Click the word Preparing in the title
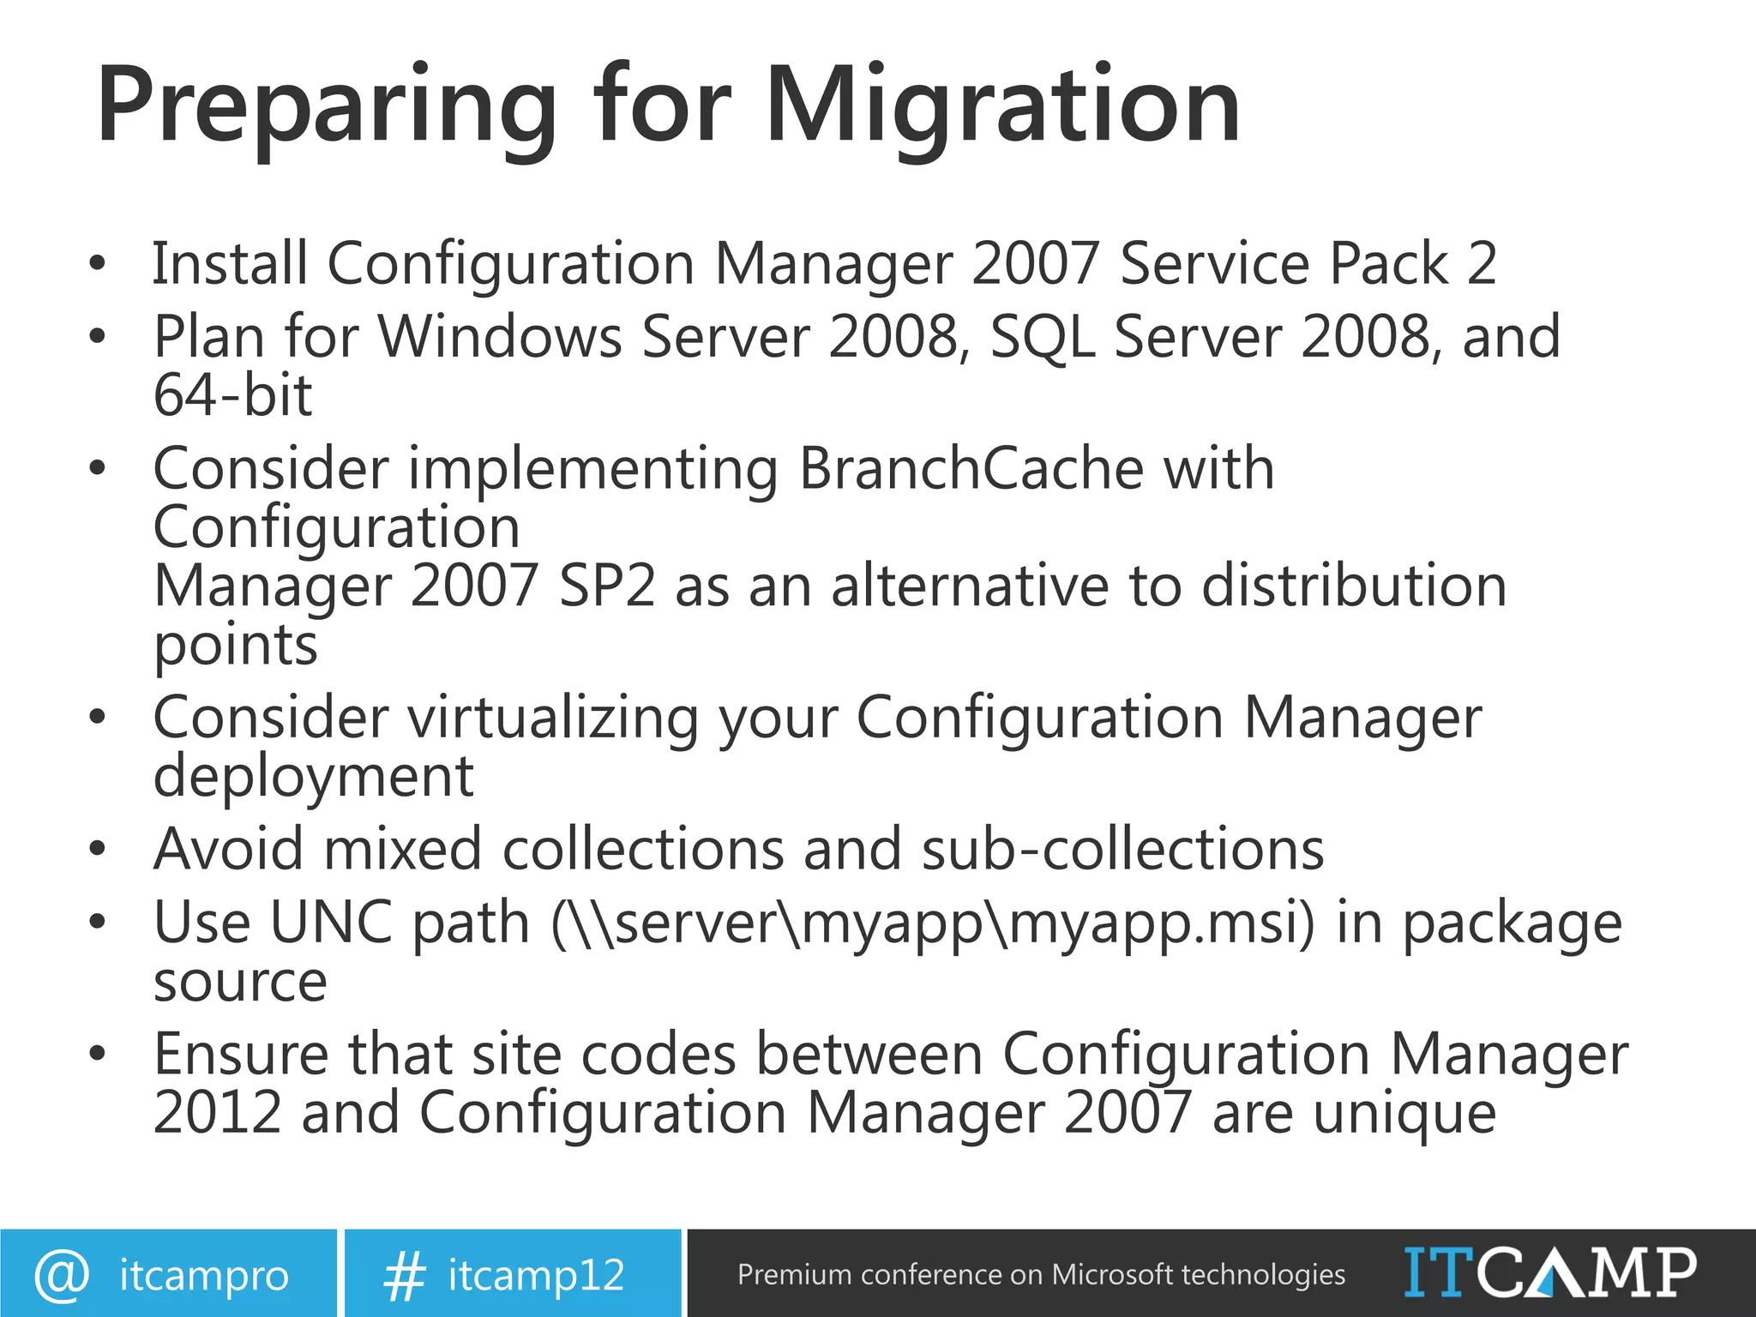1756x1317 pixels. (326, 107)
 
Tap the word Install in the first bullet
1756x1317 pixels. (230, 263)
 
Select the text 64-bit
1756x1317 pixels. (232, 395)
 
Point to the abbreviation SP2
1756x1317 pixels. (606, 586)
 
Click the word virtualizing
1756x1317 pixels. (553, 718)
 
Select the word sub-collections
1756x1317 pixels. (1122, 850)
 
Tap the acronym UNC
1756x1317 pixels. (332, 923)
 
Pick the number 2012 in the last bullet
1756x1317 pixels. (218, 1113)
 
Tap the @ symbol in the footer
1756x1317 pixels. (62, 1275)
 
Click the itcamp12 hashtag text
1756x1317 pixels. (537, 1275)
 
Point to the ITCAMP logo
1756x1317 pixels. (1549, 1273)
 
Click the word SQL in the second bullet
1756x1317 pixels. (1042, 337)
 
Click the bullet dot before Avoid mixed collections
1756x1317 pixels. (98, 850)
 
